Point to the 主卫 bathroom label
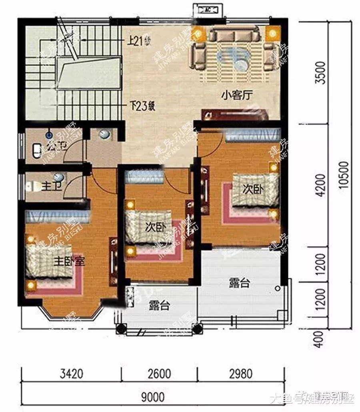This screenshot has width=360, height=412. point(51,186)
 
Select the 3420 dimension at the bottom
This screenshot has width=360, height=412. point(72,374)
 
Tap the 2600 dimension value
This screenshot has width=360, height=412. point(159,374)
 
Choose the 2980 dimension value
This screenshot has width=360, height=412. point(240,374)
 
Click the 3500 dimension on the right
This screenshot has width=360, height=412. point(320,74)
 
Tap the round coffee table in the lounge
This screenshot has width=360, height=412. point(242,64)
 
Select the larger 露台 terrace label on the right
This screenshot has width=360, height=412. point(240,283)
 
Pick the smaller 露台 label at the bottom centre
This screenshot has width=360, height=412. point(159,306)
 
